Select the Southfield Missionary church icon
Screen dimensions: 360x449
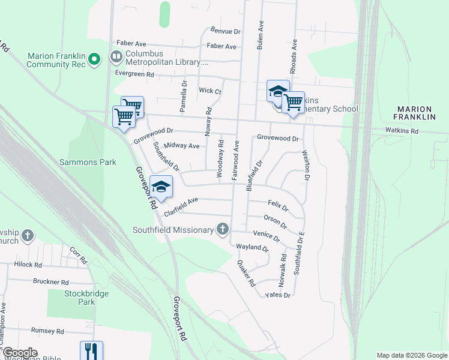(x=223, y=229)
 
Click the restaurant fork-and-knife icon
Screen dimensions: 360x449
(x=91, y=350)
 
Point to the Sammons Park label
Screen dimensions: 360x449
(x=88, y=162)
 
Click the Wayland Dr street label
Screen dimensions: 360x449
(x=252, y=247)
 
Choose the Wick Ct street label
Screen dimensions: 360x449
(x=210, y=91)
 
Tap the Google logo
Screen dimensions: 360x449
(x=20, y=353)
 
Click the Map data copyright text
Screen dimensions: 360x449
(x=412, y=355)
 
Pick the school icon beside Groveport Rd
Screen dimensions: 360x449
(x=161, y=186)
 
